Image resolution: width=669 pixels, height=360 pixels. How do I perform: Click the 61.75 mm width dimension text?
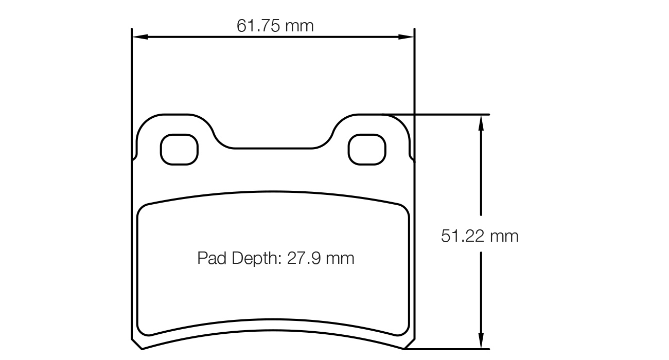coord(275,26)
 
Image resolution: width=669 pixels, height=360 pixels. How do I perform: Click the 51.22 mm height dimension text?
coord(480,236)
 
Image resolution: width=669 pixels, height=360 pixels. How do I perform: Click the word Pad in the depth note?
coord(212,258)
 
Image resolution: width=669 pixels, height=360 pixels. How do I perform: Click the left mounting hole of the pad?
coord(179,149)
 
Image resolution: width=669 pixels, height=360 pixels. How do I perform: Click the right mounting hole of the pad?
coord(367,149)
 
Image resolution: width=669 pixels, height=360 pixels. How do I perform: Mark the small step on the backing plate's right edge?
coord(412,157)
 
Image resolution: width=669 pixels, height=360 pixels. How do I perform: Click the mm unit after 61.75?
coord(300,26)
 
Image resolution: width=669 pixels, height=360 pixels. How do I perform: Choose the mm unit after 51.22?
coord(504,236)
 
